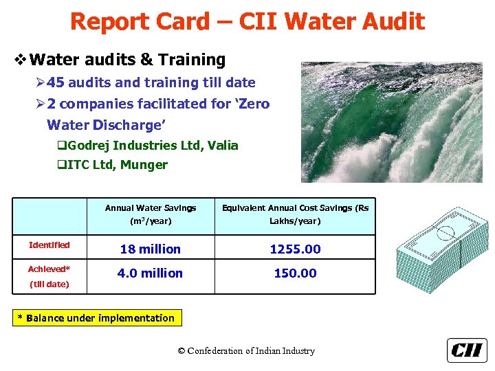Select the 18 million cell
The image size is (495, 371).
pos(150,249)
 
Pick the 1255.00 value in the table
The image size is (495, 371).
pos(295,249)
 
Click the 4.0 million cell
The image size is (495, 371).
pos(150,273)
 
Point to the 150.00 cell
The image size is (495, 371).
pos(295,273)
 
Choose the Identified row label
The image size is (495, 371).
pos(49,245)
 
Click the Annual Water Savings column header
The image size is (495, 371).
pos(150,207)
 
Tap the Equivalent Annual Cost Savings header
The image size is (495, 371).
pos(295,207)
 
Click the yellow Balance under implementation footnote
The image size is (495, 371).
pos(96,318)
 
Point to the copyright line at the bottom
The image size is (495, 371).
pos(246,351)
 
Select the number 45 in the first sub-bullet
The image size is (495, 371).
pos(56,83)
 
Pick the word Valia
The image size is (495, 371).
pos(223,146)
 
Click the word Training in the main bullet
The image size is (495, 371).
pos(193,60)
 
